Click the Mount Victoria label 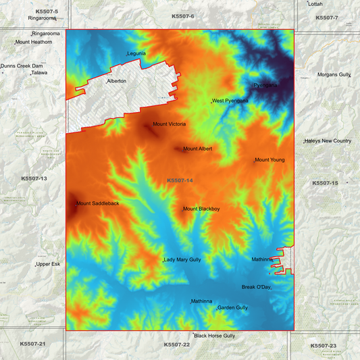point(169,124)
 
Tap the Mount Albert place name point(197,149)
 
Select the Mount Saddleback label point(97,203)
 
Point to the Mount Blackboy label point(201,209)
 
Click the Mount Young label point(269,160)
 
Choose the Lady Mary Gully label point(182,259)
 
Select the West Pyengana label point(230,101)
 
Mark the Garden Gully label point(232,307)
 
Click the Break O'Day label point(256,287)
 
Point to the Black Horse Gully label point(215,335)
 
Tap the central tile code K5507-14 point(180,180)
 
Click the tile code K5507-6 point(183,16)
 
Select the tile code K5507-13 point(34,178)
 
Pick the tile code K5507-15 point(326,183)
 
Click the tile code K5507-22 point(177,344)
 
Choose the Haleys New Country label point(328,140)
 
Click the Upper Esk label point(48,264)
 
